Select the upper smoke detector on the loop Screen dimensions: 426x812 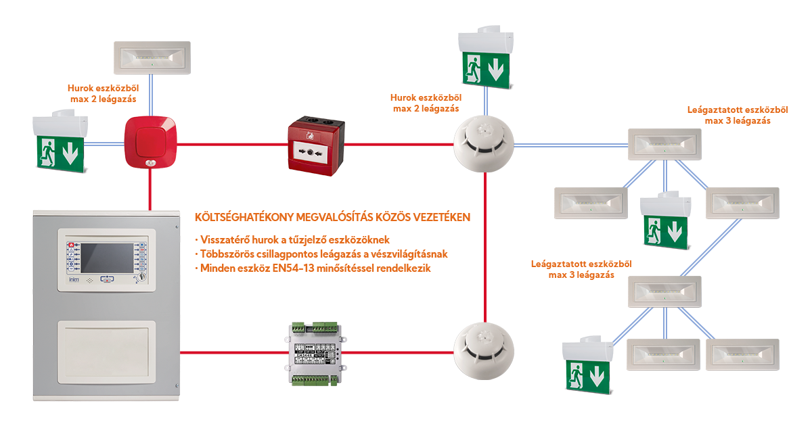coord(484,143)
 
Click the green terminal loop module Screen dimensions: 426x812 coord(316,352)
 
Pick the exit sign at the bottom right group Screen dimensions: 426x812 coord(587,364)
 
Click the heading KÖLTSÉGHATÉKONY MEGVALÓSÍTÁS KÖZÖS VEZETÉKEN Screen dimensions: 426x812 coord(332,218)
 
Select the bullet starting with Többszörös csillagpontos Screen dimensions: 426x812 coord(321,254)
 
